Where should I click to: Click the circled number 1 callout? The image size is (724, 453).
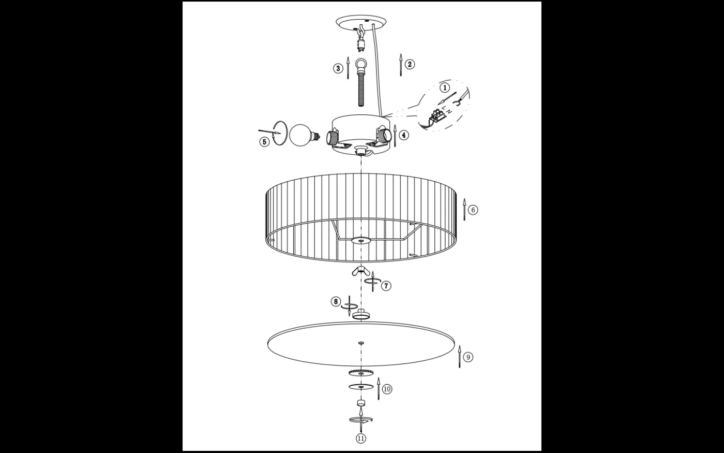pyautogui.click(x=445, y=87)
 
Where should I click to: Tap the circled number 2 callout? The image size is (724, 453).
pyautogui.click(x=410, y=64)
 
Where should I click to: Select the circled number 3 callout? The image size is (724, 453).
pyautogui.click(x=338, y=68)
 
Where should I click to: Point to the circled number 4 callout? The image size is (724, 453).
pyautogui.click(x=404, y=135)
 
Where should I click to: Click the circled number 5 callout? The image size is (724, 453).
pyautogui.click(x=264, y=142)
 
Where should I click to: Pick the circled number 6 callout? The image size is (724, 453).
pyautogui.click(x=473, y=210)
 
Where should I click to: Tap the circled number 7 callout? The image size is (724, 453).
pyautogui.click(x=386, y=286)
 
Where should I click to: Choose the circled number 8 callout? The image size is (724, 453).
pyautogui.click(x=336, y=301)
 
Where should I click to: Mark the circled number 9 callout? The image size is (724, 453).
pyautogui.click(x=468, y=357)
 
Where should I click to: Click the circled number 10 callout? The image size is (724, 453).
pyautogui.click(x=387, y=389)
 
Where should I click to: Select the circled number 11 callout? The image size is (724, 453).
pyautogui.click(x=361, y=439)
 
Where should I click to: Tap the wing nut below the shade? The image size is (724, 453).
pyautogui.click(x=361, y=271)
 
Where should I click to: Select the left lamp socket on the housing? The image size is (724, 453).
pyautogui.click(x=333, y=138)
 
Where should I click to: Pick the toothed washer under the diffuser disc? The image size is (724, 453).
pyautogui.click(x=361, y=372)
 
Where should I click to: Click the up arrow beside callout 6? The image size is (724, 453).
pyautogui.click(x=464, y=209)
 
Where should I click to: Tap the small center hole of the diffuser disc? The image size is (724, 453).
pyautogui.click(x=361, y=343)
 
